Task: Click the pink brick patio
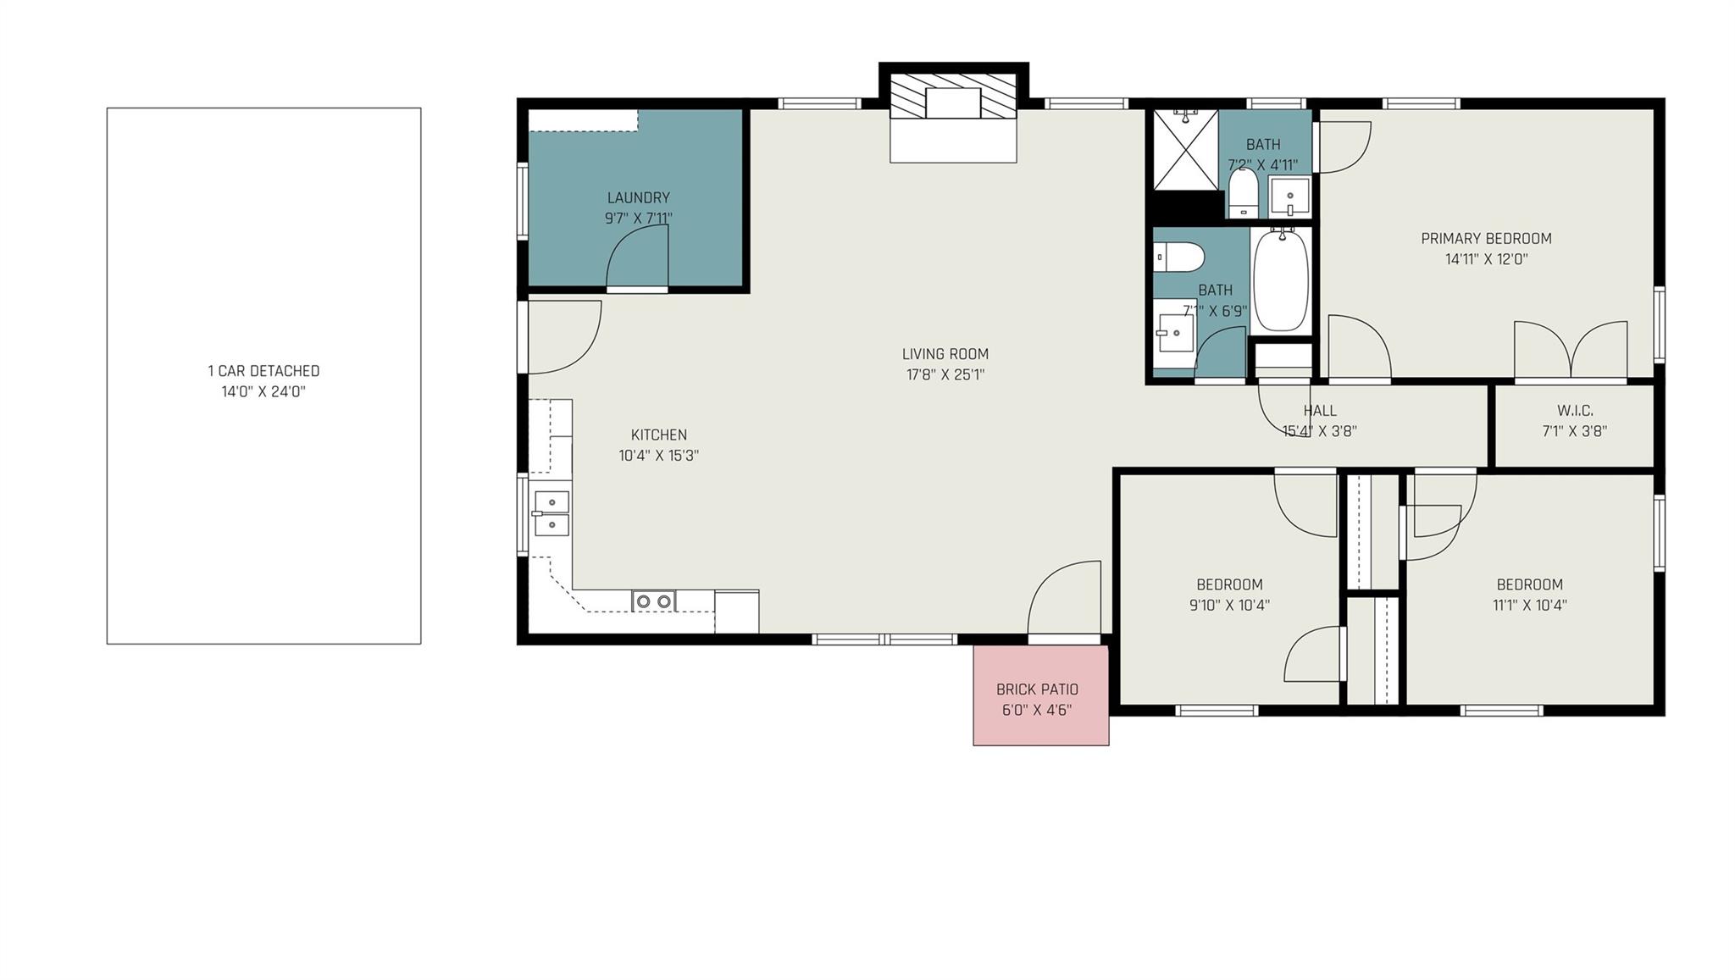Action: [x=1040, y=695]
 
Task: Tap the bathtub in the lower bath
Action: [x=1281, y=280]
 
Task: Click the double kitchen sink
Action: [x=552, y=513]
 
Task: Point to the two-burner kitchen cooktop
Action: [x=654, y=601]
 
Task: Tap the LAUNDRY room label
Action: [x=638, y=198]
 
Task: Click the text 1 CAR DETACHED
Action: [x=263, y=371]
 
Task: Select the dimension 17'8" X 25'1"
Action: [x=945, y=374]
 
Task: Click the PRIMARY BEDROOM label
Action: [x=1486, y=239]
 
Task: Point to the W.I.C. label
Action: [x=1575, y=411]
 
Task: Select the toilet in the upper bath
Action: [x=1244, y=191]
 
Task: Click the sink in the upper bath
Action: [x=1290, y=196]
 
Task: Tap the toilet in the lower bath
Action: [x=1179, y=257]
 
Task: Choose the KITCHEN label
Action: [x=658, y=435]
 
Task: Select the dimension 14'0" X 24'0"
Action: [x=263, y=392]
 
